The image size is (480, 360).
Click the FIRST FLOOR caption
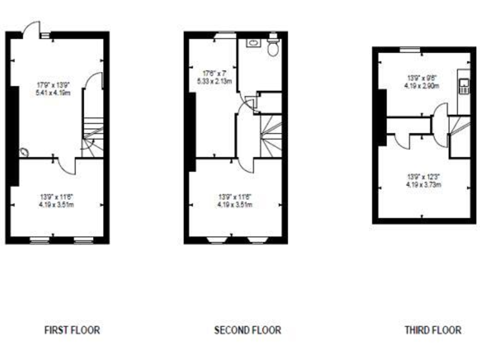tap(72, 329)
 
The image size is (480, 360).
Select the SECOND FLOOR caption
tap(247, 329)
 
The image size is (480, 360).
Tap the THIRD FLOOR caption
tap(432, 329)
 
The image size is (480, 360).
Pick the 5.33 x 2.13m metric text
tap(215, 81)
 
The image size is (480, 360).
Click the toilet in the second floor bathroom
tap(272, 47)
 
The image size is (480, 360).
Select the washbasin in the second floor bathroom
tap(252, 43)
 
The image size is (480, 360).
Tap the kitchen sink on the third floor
tap(464, 86)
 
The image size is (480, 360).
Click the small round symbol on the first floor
tap(24, 151)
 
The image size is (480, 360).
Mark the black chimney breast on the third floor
tap(381, 117)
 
